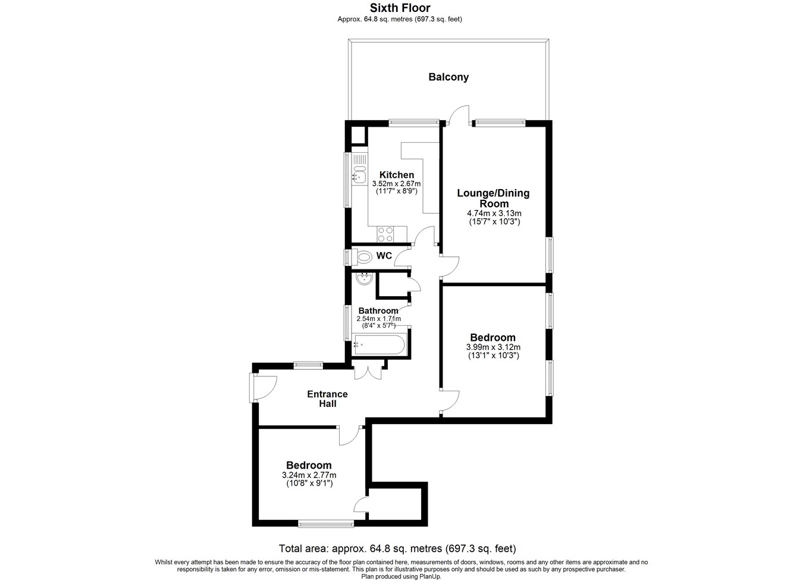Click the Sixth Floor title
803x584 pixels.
click(x=400, y=8)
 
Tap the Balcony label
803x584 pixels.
click(x=448, y=77)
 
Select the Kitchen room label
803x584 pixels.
click(x=397, y=175)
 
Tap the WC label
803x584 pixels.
click(x=384, y=256)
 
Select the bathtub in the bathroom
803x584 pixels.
click(x=379, y=344)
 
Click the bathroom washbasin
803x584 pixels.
click(x=365, y=278)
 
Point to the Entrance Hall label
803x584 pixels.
click(x=327, y=398)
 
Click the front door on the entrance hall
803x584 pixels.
click(x=264, y=388)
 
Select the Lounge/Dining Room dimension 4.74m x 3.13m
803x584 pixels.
click(x=494, y=213)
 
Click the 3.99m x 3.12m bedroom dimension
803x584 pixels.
click(x=493, y=347)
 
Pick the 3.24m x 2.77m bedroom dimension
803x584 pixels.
click(x=309, y=475)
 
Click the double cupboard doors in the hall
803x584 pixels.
click(x=368, y=371)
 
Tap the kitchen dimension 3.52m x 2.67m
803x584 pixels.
click(x=397, y=184)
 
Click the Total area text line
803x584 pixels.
click(x=397, y=548)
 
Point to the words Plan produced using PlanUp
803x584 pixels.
click(x=401, y=577)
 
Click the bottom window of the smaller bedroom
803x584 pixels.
click(x=326, y=524)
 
